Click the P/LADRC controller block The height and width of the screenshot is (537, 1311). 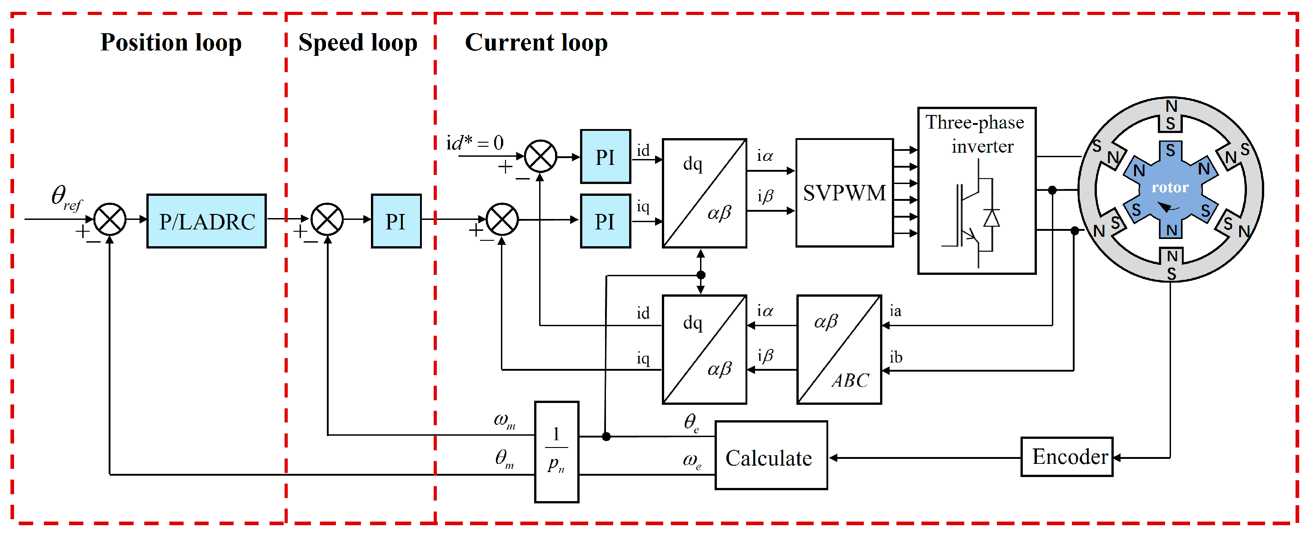click(x=206, y=221)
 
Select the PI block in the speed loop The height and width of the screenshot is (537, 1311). click(x=396, y=221)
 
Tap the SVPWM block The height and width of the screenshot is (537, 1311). click(x=844, y=193)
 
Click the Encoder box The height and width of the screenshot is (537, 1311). click(x=1067, y=457)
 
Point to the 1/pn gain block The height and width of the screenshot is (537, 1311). click(x=556, y=452)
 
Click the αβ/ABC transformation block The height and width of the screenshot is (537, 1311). click(x=839, y=349)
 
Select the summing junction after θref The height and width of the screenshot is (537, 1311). click(x=110, y=219)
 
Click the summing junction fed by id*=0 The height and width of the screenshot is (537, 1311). click(x=540, y=156)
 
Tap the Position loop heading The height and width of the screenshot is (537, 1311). click(x=170, y=42)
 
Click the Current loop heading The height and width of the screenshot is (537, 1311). click(x=536, y=42)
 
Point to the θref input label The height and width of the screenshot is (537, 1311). click(x=65, y=197)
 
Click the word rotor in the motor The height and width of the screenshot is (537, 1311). click(x=1170, y=187)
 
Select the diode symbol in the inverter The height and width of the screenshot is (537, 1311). click(x=991, y=218)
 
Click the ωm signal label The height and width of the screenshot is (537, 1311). click(x=504, y=420)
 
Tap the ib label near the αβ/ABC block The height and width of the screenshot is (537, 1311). click(x=896, y=357)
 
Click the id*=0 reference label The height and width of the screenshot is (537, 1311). click(x=474, y=143)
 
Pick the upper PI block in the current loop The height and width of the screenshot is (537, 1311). click(x=605, y=157)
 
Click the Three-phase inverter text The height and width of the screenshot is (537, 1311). click(x=975, y=134)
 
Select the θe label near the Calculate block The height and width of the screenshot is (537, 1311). click(x=691, y=422)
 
